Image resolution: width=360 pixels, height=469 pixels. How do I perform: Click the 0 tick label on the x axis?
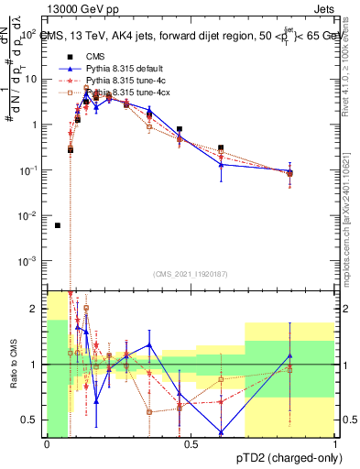[47, 444]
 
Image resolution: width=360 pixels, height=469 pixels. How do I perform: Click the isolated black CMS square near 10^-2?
[58, 225]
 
